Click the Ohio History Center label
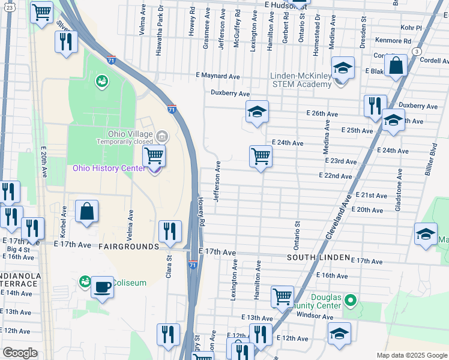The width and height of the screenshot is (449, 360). tap(109, 168)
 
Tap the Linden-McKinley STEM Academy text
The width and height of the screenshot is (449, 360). tap(301, 80)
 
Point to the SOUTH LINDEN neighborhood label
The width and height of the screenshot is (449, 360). tap(318, 257)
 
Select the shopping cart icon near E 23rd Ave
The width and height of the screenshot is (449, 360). tap(261, 157)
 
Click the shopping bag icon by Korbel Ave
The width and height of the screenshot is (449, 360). tap(87, 212)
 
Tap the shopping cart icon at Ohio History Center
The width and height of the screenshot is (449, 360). tap(154, 156)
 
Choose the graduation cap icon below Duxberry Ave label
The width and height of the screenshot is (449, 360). tap(257, 112)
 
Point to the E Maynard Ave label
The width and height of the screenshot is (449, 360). tap(218, 76)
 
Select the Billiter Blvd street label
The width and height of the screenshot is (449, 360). tap(432, 157)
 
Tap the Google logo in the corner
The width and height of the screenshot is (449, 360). tap(20, 353)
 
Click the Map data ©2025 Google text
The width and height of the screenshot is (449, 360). tap(412, 355)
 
